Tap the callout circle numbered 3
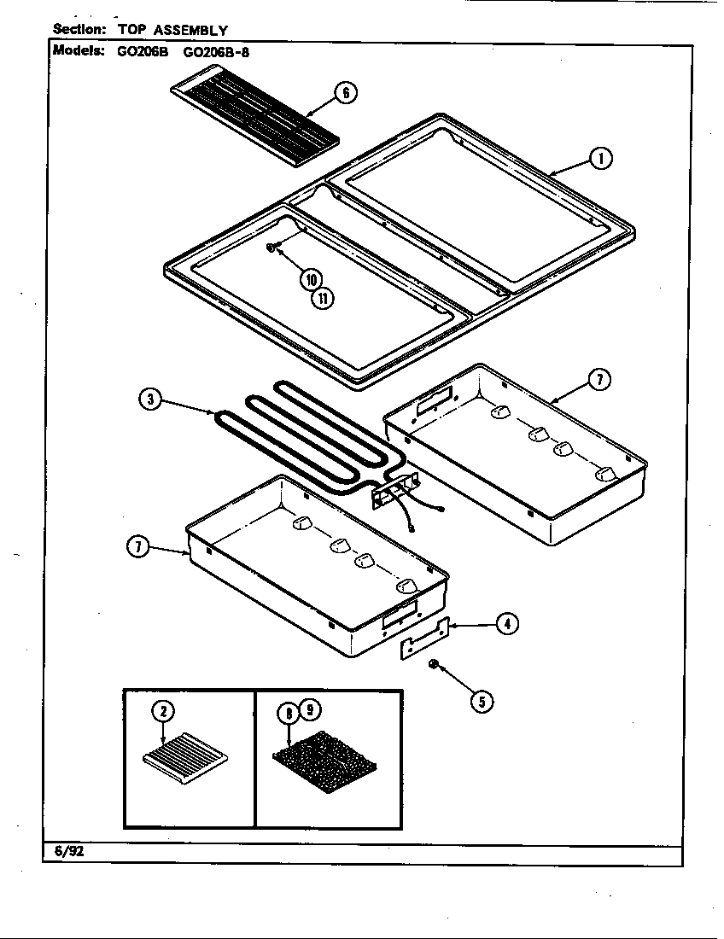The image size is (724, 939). click(x=150, y=400)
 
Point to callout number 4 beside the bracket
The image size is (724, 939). click(x=507, y=624)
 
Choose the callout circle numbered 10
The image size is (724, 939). click(x=309, y=279)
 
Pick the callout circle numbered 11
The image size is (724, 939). click(x=322, y=298)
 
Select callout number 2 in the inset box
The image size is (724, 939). click(x=162, y=711)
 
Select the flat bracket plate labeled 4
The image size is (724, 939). click(x=424, y=639)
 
